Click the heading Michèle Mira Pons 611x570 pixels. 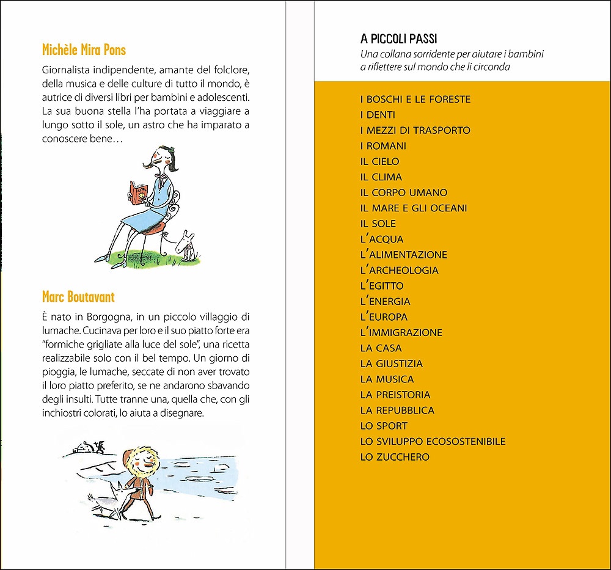click(x=84, y=49)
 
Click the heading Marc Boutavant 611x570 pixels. click(x=78, y=297)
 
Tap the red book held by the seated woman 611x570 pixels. click(x=137, y=192)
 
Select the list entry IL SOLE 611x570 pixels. click(x=378, y=224)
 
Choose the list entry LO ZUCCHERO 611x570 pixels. click(x=395, y=457)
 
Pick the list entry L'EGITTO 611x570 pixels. click(x=382, y=286)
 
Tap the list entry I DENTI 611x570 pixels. click(x=378, y=115)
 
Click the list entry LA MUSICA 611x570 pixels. click(x=387, y=379)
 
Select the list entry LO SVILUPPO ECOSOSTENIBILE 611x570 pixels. click(x=433, y=441)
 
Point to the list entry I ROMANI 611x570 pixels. click(x=383, y=146)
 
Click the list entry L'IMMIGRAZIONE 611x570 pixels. click(x=401, y=332)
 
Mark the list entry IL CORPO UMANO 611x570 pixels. click(x=404, y=192)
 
